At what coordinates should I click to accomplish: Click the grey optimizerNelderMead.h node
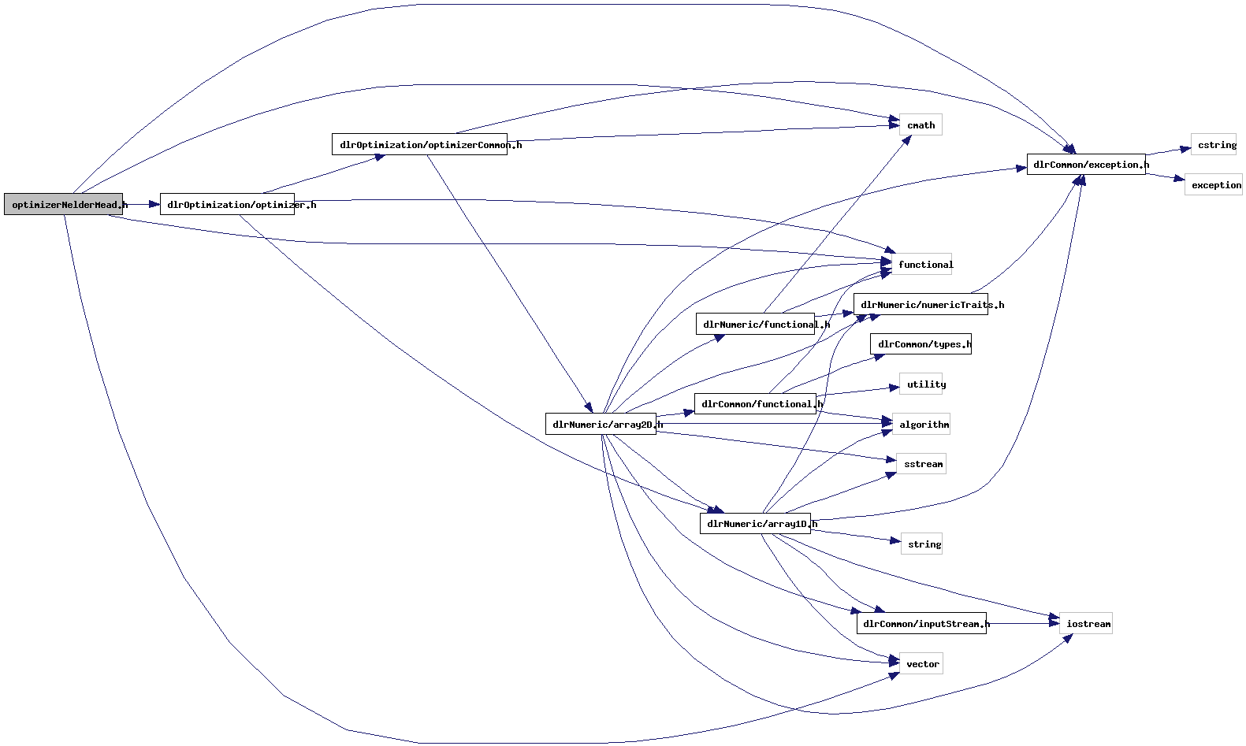63,204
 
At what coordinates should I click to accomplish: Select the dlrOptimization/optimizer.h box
227,204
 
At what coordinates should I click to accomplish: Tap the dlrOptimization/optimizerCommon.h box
419,144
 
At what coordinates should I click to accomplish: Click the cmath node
921,125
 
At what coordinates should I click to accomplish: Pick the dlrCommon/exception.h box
1085,165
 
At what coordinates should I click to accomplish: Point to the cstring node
1214,145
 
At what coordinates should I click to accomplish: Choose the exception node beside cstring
1213,185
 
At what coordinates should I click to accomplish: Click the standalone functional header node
921,265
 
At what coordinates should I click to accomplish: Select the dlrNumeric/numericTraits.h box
921,304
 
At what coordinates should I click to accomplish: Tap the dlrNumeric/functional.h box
755,324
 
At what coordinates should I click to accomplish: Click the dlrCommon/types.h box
921,344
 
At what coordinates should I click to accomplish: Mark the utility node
921,384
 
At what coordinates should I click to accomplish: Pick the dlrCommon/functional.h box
755,404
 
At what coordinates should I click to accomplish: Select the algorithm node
921,425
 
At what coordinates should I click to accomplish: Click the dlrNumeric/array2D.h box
601,424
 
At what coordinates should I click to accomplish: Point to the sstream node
921,464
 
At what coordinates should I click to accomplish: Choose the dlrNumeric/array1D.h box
755,523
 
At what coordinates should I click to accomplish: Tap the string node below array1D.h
921,544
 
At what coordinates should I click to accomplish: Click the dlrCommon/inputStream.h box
921,623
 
